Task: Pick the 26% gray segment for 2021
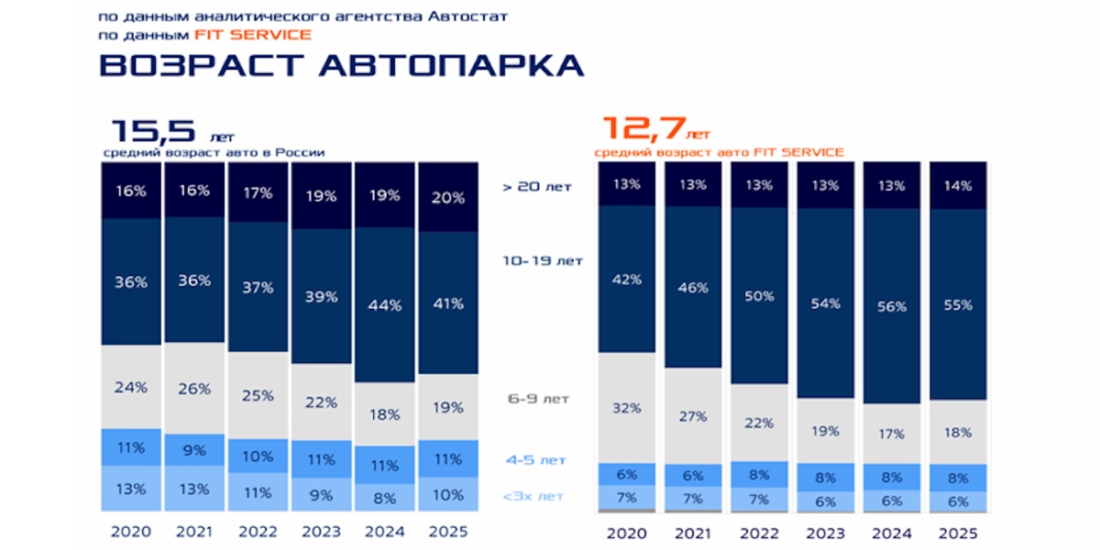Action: click(x=195, y=388)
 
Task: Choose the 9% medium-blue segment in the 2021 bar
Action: click(x=195, y=449)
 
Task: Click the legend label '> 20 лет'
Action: click(x=537, y=187)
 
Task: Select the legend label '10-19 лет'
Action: click(x=543, y=260)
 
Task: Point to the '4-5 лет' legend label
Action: click(x=536, y=459)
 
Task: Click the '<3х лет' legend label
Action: click(x=533, y=496)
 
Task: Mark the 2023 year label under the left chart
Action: click(x=322, y=532)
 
